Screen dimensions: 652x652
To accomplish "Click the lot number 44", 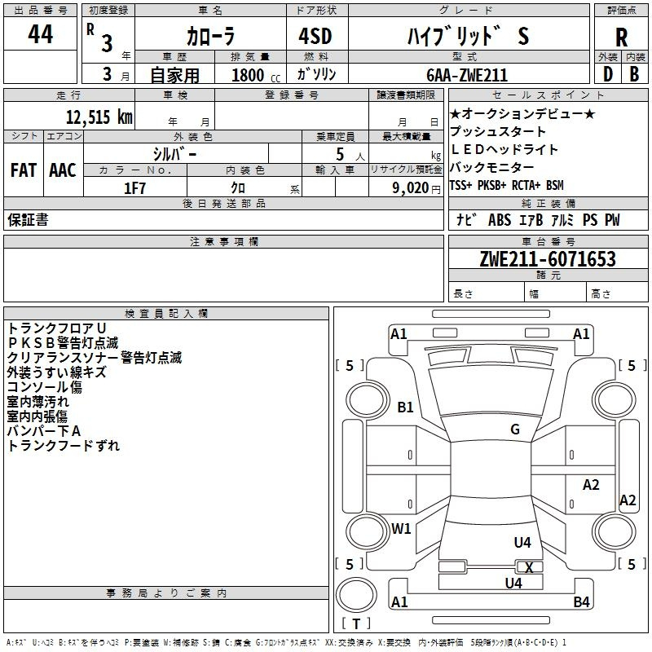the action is click(x=40, y=34).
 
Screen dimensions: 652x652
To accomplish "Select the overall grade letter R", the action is click(x=621, y=37).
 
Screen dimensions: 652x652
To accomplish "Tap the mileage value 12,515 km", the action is click(x=99, y=117).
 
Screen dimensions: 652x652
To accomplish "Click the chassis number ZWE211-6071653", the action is click(x=548, y=259).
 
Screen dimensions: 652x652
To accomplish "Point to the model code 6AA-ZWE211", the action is click(x=467, y=75).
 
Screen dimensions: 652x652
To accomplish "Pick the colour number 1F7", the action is click(x=134, y=188).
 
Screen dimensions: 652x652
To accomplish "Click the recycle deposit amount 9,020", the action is click(x=411, y=188).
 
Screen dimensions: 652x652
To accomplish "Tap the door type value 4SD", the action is click(x=315, y=36).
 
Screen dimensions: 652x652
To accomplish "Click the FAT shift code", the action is click(x=24, y=170).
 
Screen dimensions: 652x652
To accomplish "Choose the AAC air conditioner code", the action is click(x=63, y=170).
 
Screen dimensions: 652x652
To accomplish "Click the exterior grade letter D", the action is click(x=608, y=74).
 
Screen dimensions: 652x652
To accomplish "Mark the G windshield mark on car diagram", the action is click(x=515, y=429).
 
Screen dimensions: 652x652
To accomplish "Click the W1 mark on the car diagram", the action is click(x=401, y=528).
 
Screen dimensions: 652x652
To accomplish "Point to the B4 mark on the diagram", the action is click(x=581, y=601).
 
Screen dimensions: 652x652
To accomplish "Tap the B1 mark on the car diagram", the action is click(x=405, y=407).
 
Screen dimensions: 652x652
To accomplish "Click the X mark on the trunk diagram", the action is click(x=529, y=567).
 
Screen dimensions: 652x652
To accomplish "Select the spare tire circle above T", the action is click(x=356, y=595).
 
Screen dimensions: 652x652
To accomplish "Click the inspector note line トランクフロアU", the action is click(x=57, y=328).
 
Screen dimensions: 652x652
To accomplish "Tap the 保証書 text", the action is click(x=28, y=220).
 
